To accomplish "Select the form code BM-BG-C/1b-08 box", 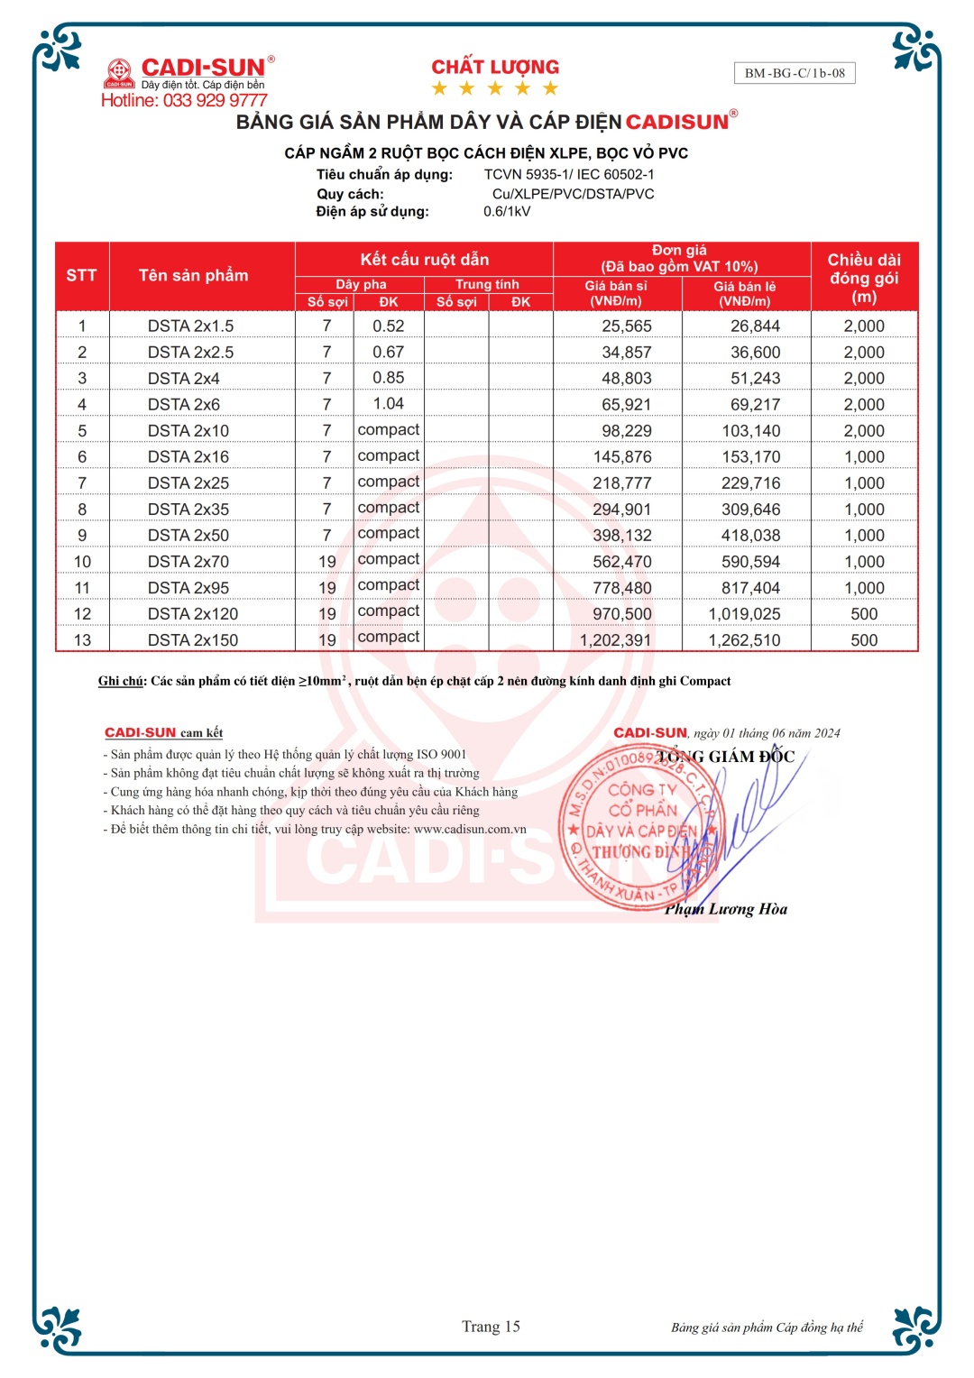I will (795, 73).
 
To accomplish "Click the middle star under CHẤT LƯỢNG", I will (494, 88).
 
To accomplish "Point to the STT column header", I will (81, 275).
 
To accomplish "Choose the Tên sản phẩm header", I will (193, 275).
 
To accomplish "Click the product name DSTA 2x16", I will (188, 456).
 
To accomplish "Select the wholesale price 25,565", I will (627, 326).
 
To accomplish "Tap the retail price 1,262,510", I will (744, 639).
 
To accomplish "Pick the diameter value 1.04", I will (388, 403).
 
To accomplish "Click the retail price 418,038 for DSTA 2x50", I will (750, 535).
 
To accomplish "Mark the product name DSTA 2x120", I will (193, 613).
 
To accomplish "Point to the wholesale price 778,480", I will (622, 587).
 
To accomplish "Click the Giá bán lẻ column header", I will (745, 293).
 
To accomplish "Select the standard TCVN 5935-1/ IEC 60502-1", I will (569, 174).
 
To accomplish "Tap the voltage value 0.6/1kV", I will (507, 211).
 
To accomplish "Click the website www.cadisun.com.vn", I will (470, 829).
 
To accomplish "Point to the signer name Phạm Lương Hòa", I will (726, 909).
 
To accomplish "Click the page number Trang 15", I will (491, 1326).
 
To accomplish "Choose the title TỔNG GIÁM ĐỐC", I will (726, 757).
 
